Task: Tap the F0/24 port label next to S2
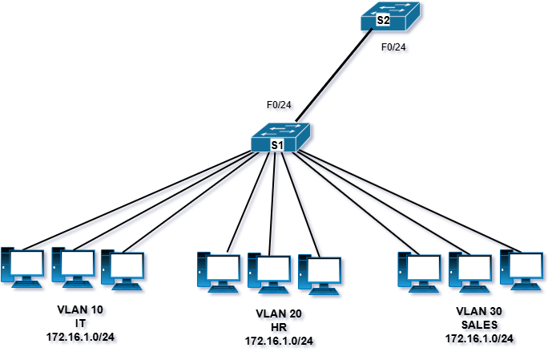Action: pos(397,47)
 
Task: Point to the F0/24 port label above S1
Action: pos(279,104)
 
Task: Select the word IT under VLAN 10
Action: pos(80,323)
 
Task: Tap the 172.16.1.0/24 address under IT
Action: pos(80,337)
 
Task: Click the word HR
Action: pos(279,327)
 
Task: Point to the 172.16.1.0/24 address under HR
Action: pos(279,342)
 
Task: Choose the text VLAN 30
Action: pos(479,311)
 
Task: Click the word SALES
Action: pos(479,325)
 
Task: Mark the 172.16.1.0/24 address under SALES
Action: pos(479,338)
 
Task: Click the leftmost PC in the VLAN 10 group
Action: pos(22,267)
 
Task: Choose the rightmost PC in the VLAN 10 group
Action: pos(123,270)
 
